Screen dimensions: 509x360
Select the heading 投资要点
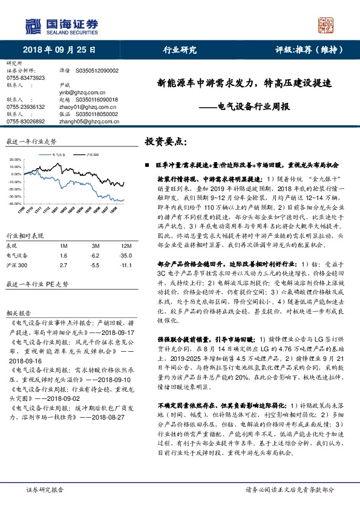(x=167, y=141)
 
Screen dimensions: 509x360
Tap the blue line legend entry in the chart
(x=58, y=155)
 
